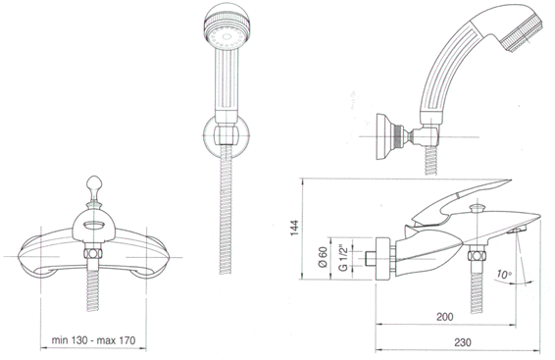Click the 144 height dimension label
[294, 228]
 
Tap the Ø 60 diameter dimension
[322, 257]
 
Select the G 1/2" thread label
[343, 257]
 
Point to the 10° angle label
[504, 274]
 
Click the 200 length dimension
[444, 317]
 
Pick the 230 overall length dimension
[463, 342]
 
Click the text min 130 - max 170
[93, 340]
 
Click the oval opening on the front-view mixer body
[94, 225]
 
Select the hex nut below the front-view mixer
[93, 253]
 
